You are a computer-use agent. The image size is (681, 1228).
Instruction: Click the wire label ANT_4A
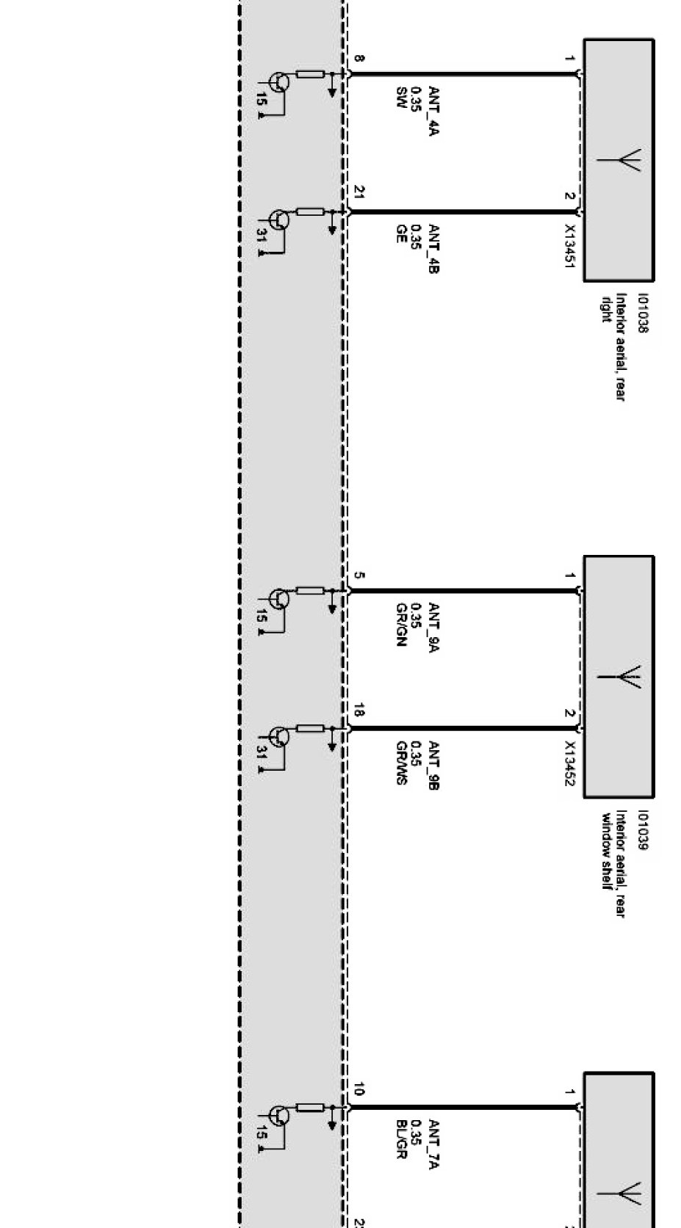[x=433, y=112]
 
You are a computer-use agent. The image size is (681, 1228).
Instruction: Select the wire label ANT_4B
[x=433, y=249]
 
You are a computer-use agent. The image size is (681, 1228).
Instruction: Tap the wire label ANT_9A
[x=433, y=628]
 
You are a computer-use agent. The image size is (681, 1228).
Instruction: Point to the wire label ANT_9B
[x=433, y=765]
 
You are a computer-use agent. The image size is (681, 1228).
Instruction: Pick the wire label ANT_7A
[x=433, y=1144]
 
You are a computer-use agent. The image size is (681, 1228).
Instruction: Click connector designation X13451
[x=569, y=245]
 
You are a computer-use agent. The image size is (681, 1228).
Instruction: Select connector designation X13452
[x=569, y=762]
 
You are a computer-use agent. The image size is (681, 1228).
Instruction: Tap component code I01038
[x=643, y=313]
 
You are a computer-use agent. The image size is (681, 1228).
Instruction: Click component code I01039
[x=643, y=830]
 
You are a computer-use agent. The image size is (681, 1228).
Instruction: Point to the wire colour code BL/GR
[x=401, y=1139]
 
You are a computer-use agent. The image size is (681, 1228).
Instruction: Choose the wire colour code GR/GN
[x=401, y=624]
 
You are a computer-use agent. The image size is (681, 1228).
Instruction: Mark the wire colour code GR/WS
[x=401, y=763]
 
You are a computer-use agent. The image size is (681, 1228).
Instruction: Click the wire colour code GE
[x=401, y=234]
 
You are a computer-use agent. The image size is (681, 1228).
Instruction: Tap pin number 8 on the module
[x=358, y=59]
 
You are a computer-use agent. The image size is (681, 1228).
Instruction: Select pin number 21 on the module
[x=358, y=192]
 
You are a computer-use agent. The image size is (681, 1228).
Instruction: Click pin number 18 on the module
[x=358, y=710]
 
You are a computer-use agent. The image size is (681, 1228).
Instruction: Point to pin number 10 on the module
[x=358, y=1090]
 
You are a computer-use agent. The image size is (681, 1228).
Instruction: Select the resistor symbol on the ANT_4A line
[x=310, y=74]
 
